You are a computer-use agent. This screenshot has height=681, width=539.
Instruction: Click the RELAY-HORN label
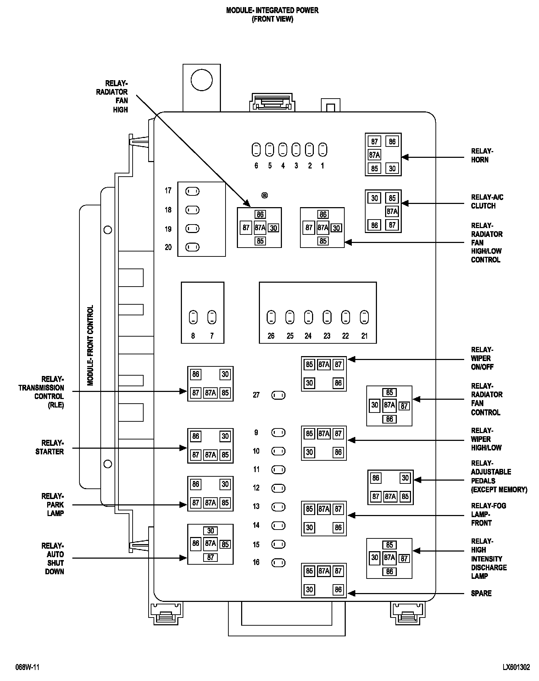pos(482,155)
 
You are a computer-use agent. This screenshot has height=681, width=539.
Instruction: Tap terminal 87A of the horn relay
pos(374,155)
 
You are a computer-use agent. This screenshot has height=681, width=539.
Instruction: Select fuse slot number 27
pos(278,395)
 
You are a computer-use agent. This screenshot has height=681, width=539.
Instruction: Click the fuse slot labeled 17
pos(193,192)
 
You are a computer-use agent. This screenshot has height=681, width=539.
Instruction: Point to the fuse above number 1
pos(323,150)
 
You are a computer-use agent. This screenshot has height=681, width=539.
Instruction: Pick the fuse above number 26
pos(271,317)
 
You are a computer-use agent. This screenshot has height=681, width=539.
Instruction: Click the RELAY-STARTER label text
pos(50,447)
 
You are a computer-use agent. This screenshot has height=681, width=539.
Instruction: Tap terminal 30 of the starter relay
pos(225,436)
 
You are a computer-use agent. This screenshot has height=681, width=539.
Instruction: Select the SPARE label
pos(481,593)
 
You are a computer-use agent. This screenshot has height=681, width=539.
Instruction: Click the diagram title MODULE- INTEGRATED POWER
pos(272,10)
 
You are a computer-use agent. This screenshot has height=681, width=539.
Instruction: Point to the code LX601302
pos(516,667)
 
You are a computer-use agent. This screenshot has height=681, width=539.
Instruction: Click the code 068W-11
pos(27,667)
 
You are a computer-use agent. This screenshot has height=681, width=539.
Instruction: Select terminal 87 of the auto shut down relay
pos(211,558)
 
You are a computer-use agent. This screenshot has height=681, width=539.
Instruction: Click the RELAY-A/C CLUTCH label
pos(487,201)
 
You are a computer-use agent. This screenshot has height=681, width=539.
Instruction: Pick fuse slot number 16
pos(278,563)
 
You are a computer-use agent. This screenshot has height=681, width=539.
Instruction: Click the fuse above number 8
pos(193,317)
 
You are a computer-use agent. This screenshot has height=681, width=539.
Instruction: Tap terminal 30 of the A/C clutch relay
pos(374,198)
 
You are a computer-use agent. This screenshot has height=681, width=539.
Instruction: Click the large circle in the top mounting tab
pos(201,80)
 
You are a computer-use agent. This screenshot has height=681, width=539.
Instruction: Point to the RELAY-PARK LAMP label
pos(52,505)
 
